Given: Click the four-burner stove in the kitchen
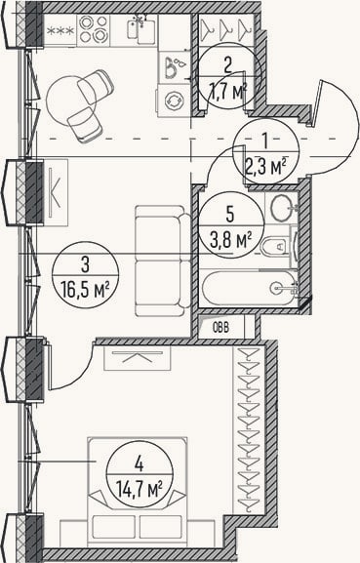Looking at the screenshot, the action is click(94, 30).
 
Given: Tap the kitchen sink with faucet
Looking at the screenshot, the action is click(141, 29).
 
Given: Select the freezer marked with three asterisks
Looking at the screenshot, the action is click(60, 30).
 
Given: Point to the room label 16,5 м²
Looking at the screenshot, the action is click(86, 291).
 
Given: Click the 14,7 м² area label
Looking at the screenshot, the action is click(140, 489).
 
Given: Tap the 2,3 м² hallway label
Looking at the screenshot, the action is click(265, 166).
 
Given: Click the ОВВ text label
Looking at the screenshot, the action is click(220, 328).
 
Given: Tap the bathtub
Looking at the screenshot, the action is click(249, 288).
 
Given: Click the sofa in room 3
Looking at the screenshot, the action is click(163, 261).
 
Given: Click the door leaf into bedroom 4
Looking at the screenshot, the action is click(49, 367).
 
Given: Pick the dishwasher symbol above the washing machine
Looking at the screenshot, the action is click(175, 66).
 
